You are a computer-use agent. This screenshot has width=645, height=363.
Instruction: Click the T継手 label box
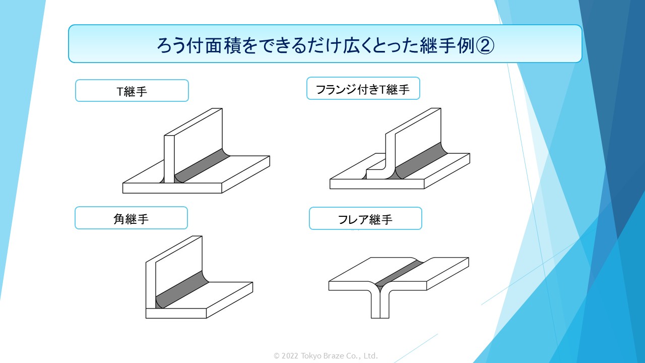132,90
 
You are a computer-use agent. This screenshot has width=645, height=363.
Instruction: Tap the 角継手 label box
132,218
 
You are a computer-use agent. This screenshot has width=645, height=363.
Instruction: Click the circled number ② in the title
485,45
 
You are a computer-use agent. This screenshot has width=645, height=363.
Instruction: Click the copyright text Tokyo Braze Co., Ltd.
339,356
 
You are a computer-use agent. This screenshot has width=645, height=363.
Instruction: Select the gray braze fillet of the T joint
202,166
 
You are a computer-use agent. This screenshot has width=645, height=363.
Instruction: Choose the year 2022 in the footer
290,356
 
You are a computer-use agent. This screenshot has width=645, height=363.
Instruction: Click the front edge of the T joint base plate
172,188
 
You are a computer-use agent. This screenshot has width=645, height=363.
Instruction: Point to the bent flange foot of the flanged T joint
376,173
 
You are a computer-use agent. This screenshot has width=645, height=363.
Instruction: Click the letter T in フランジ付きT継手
382,90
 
